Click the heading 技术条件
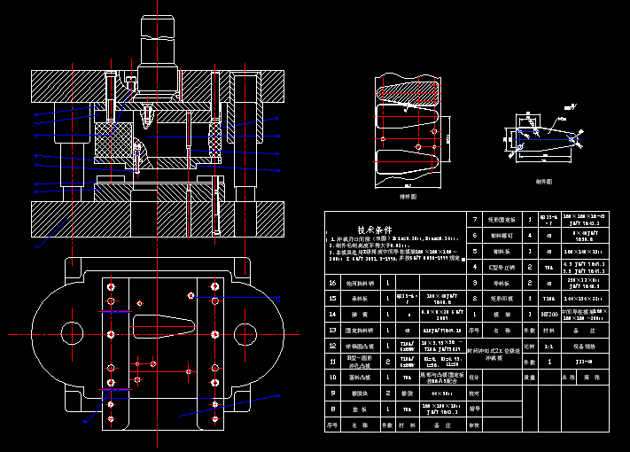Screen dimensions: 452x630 [x=374, y=229]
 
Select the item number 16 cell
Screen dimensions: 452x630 [x=332, y=283]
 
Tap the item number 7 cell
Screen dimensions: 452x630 [x=475, y=219]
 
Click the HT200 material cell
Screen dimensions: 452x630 [x=548, y=315]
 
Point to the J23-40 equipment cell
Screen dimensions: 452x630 [x=582, y=362]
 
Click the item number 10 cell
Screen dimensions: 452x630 [x=332, y=377]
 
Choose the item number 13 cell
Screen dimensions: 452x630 [x=332, y=330]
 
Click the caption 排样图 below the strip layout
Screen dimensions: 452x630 [x=408, y=196]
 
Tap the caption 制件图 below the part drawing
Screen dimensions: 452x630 [x=543, y=181]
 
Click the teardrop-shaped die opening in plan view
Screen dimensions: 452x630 [x=164, y=325]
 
